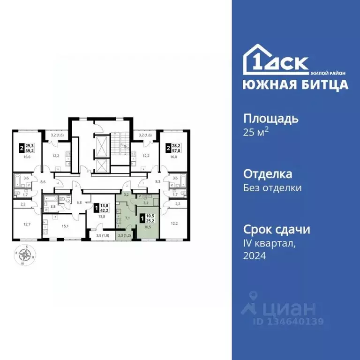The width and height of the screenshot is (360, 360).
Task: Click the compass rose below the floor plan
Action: pos(27,255)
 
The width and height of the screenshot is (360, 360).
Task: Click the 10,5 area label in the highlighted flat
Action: pos(147,226)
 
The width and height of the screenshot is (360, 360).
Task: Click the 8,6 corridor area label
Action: pos(43,180)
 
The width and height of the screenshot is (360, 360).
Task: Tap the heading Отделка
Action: pos(268,174)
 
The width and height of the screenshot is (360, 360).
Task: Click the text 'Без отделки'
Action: pos(272,188)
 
